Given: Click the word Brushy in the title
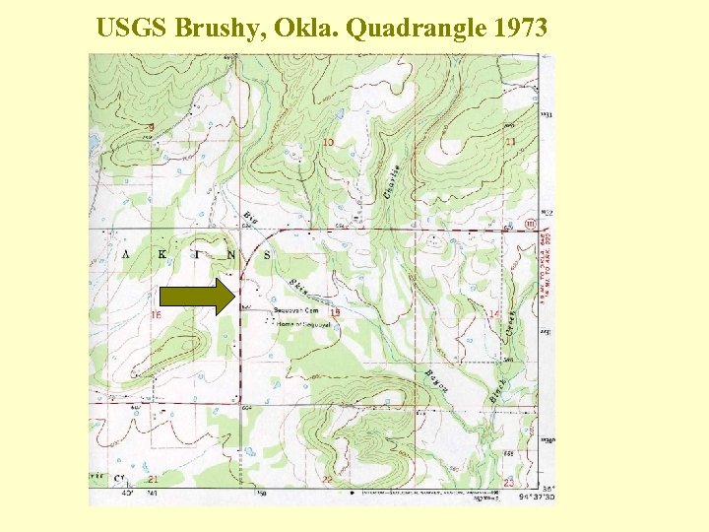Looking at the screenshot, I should tap(209, 29).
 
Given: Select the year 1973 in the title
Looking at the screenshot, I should tap(515, 29).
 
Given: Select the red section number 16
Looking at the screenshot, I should tap(156, 315).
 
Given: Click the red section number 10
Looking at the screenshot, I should tap(327, 144).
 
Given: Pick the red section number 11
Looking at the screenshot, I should tap(510, 143).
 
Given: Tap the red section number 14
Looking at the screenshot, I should tap(493, 314).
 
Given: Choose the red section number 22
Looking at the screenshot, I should tap(327, 480).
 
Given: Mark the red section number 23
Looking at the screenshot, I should tap(508, 481).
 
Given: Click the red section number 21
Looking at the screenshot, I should tap(152, 480).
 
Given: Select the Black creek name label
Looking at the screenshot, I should tap(497, 390).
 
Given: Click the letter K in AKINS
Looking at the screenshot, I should tap(161, 255).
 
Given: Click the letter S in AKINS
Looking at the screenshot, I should tap(266, 255).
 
